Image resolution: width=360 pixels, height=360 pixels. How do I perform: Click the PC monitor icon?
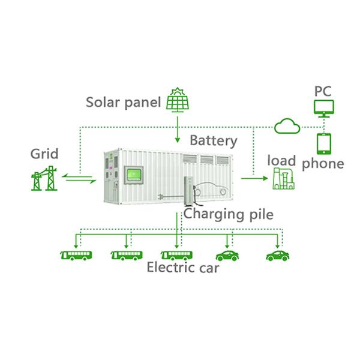[x=324, y=109]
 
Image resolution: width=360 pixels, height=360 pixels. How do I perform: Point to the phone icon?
[x=324, y=143]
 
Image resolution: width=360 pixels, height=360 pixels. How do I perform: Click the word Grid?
[x=44, y=154]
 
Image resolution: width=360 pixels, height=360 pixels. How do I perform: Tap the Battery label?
[x=214, y=141]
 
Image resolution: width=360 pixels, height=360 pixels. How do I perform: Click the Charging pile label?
[x=229, y=214]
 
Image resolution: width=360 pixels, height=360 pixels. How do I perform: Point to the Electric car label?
[x=183, y=267]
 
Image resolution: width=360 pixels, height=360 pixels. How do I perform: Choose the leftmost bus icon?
[x=76, y=255]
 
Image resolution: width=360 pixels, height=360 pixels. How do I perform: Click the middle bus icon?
[x=127, y=255]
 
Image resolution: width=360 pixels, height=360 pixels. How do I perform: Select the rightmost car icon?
[x=278, y=255]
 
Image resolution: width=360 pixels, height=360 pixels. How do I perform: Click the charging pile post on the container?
[x=188, y=192]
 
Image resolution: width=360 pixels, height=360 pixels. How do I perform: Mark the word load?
[x=282, y=160]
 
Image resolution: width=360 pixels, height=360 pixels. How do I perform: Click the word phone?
[x=323, y=163]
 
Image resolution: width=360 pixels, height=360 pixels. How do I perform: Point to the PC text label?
[x=323, y=91]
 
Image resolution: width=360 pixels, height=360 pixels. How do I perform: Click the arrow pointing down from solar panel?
[x=178, y=129]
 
